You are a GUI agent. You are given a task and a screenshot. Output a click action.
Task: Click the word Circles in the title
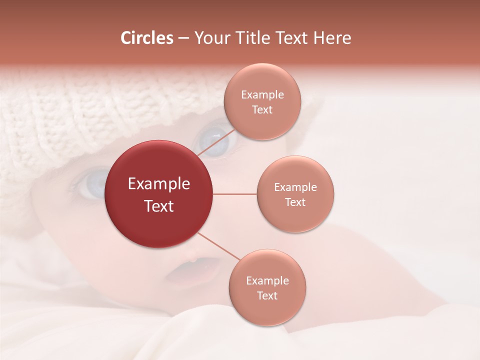[x=146, y=38]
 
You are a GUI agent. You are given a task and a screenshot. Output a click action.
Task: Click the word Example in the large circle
[x=159, y=184]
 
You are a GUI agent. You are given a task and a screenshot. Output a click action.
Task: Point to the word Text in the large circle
[x=159, y=206]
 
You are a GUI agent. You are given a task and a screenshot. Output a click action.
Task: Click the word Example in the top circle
[x=262, y=95]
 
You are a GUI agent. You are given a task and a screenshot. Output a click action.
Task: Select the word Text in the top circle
[x=262, y=110]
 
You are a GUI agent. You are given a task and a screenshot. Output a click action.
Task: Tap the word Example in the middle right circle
[x=295, y=187]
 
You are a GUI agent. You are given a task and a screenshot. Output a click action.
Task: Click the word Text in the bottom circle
[x=267, y=296]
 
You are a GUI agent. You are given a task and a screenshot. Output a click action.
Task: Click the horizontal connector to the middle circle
[x=234, y=194]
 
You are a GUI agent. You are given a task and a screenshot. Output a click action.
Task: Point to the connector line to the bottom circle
[x=218, y=246]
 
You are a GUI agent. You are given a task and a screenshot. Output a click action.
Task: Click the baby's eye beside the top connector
[x=214, y=140]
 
